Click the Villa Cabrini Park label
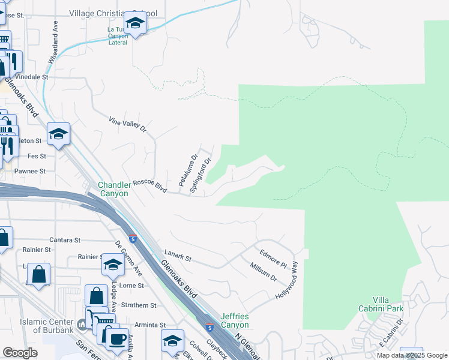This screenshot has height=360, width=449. point(388,304)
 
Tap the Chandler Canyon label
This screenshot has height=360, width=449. point(113,189)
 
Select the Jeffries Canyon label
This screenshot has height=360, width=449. point(234,320)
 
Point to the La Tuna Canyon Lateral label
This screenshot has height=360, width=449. point(127,36)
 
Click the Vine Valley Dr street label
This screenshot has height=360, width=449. point(128,124)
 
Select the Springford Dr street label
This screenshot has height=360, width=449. point(201,175)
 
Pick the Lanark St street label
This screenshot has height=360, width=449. point(178,259)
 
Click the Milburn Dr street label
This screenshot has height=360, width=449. point(264,273)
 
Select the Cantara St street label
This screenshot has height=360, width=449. point(65,240)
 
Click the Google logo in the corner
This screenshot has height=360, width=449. point(20,353)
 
